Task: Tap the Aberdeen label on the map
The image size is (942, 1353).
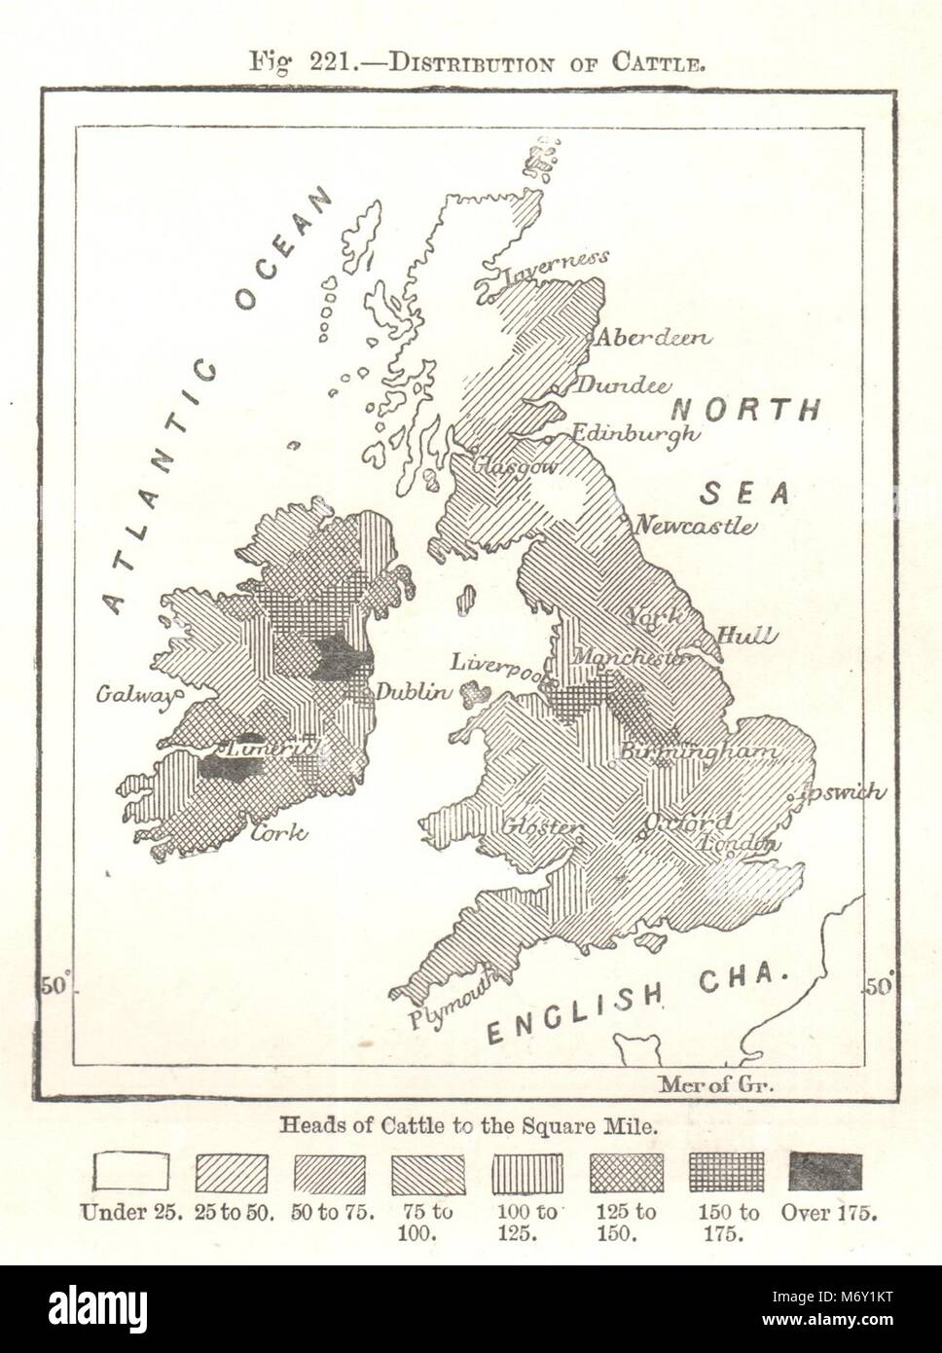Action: pyautogui.click(x=652, y=338)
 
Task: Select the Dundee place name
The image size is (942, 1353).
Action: pyautogui.click(x=624, y=385)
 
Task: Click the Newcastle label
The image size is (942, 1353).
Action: pyautogui.click(x=694, y=527)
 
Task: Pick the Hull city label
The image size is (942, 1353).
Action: pyautogui.click(x=746, y=637)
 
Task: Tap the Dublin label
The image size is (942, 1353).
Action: pyautogui.click(x=414, y=693)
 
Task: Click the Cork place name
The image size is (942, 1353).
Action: pyautogui.click(x=279, y=832)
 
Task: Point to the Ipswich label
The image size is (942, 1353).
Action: pyautogui.click(x=843, y=791)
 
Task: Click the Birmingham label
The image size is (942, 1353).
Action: pyautogui.click(x=699, y=752)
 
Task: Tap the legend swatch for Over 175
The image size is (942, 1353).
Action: pyautogui.click(x=825, y=1172)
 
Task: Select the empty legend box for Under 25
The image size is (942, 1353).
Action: pyautogui.click(x=131, y=1172)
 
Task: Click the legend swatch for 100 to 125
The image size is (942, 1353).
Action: pyautogui.click(x=527, y=1173)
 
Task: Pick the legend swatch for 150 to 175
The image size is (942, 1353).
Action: pyautogui.click(x=725, y=1172)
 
